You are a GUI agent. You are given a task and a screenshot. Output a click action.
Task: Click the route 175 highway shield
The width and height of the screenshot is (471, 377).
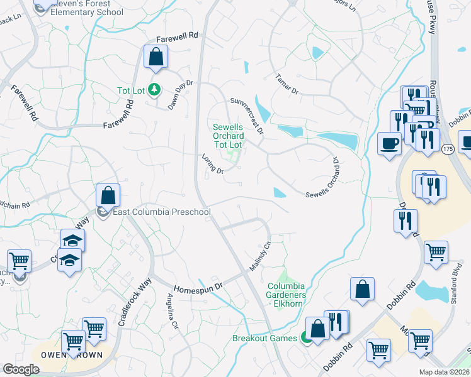click(447, 149)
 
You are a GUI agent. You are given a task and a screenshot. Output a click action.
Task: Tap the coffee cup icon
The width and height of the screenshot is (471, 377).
click(389, 143)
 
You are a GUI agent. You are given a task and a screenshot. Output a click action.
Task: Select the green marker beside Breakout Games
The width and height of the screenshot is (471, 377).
click(306, 339)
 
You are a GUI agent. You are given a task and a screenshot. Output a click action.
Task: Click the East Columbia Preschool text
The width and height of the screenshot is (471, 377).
click(161, 212)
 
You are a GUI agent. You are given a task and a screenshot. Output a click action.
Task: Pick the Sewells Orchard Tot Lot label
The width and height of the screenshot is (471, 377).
click(227, 136)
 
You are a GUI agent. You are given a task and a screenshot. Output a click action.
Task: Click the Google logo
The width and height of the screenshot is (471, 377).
click(21, 369)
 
